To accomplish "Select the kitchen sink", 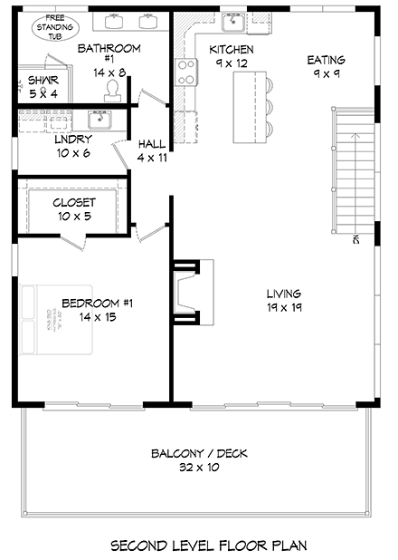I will click(233, 22).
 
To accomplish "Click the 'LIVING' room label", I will click(284, 294).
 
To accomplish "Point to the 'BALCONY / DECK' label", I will click(200, 454).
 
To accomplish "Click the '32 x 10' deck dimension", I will click(200, 468).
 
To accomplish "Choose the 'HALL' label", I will click(151, 143).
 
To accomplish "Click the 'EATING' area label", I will click(326, 60).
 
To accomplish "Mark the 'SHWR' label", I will click(30, 80).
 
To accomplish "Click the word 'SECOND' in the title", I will click(139, 546).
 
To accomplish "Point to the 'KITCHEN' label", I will click(232, 49).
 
